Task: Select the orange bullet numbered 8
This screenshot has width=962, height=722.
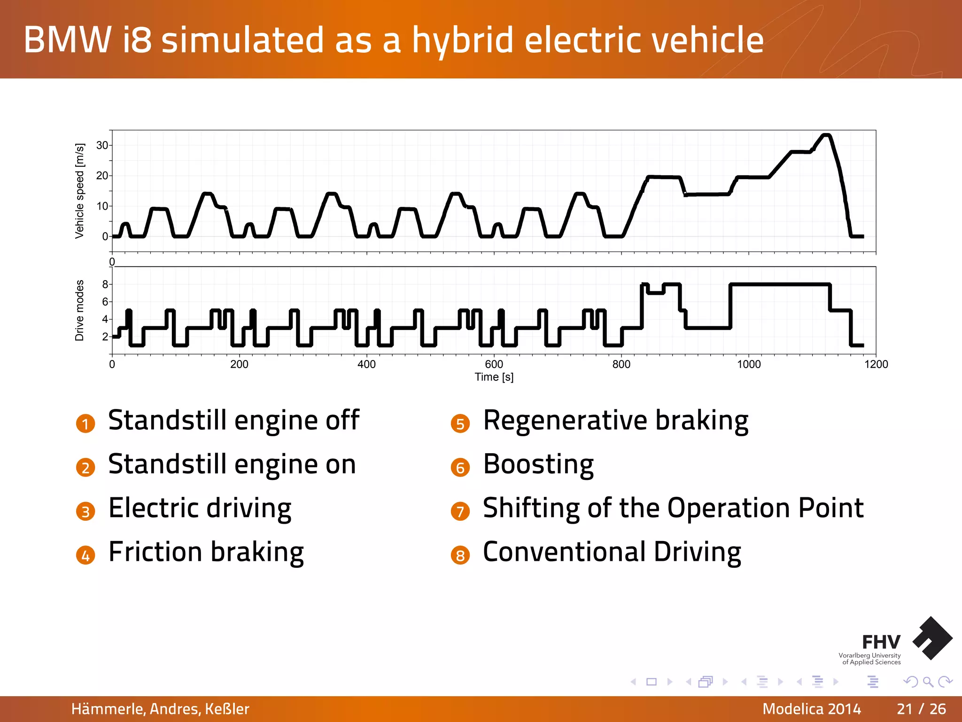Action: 460,556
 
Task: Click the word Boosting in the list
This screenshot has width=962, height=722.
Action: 538,464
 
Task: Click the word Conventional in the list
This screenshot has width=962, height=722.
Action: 564,552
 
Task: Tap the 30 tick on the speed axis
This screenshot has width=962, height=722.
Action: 102,145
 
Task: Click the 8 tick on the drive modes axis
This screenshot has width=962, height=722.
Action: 105,284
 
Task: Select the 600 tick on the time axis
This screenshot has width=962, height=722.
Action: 494,364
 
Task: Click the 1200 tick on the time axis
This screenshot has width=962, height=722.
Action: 876,364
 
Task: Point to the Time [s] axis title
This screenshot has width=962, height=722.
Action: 494,377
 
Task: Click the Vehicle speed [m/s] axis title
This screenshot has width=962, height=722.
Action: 80,191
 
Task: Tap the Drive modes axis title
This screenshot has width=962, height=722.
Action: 80,310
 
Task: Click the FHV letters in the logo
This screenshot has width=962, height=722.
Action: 881,642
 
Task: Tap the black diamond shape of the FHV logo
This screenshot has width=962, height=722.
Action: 932,638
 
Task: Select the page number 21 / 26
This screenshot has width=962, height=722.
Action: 921,709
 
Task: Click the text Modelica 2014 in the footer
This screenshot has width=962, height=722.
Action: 811,709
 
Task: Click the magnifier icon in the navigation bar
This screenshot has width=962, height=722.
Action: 928,682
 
